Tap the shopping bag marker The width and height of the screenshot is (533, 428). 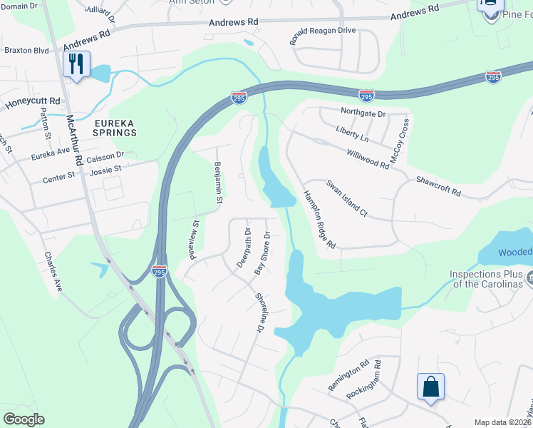(x=430, y=387)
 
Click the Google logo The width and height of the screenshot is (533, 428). (x=24, y=419)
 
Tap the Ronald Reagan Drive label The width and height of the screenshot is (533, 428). (x=323, y=36)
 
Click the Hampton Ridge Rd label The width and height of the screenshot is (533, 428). (x=319, y=220)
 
